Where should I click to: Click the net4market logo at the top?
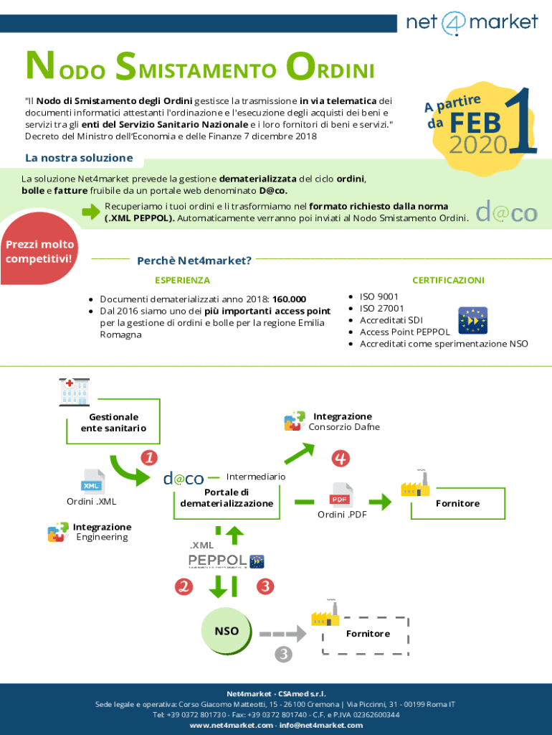point(472,22)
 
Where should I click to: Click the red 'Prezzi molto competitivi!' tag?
point(40,251)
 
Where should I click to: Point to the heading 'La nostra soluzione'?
point(79,157)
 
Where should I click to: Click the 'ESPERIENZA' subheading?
point(182,280)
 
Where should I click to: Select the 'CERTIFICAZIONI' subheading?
point(448,280)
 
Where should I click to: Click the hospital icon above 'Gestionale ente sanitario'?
point(74,392)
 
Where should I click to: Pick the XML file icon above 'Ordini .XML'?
point(93,481)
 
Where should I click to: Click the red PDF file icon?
point(341,495)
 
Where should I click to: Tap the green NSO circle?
point(227,631)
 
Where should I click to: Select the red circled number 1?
point(149,457)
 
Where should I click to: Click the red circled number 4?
point(340,457)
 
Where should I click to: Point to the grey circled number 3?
point(284,654)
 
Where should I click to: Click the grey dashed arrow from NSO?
point(280,634)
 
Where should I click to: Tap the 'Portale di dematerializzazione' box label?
point(226,497)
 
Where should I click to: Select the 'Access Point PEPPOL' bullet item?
point(404,332)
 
